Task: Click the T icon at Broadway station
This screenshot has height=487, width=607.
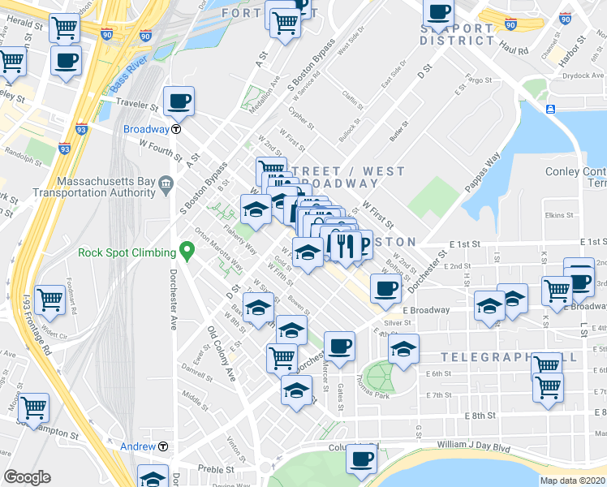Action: (175, 129)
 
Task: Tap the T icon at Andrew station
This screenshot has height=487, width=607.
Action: (163, 446)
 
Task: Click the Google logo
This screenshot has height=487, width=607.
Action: (27, 476)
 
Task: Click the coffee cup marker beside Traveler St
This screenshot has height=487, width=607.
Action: (179, 102)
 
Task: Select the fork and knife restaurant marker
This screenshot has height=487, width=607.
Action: (345, 244)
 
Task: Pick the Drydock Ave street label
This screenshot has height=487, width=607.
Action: (582, 75)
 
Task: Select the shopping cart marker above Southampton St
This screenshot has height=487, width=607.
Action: (33, 408)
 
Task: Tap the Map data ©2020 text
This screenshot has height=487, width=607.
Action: (572, 480)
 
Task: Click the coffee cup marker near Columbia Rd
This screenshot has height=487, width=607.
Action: (361, 459)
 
